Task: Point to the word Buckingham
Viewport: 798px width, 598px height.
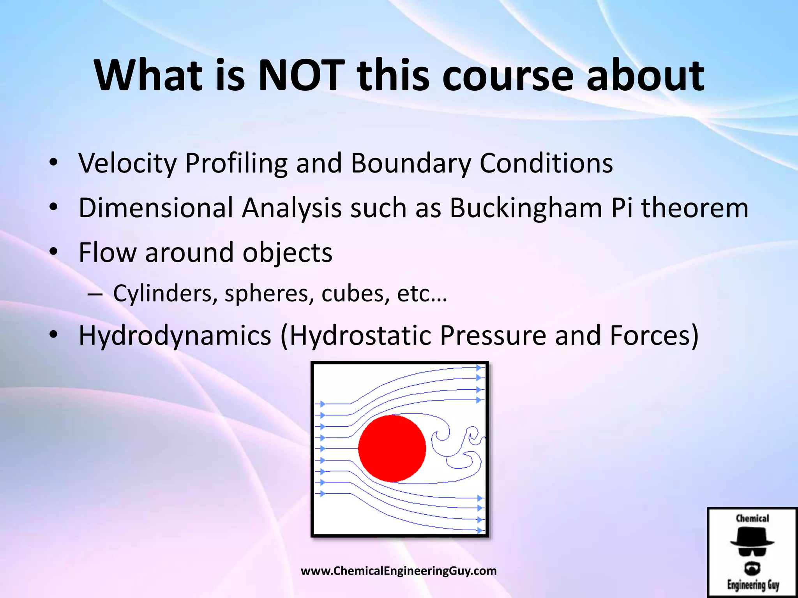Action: [526, 208]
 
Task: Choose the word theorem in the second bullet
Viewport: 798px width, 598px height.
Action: [695, 208]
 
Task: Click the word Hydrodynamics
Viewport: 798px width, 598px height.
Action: [175, 336]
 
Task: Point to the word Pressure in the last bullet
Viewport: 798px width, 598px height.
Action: [493, 336]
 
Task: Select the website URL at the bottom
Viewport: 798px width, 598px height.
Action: [399, 571]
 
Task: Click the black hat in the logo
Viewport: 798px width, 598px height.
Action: [752, 538]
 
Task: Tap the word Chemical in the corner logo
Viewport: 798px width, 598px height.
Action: [752, 518]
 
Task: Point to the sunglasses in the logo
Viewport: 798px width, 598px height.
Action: [752, 551]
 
